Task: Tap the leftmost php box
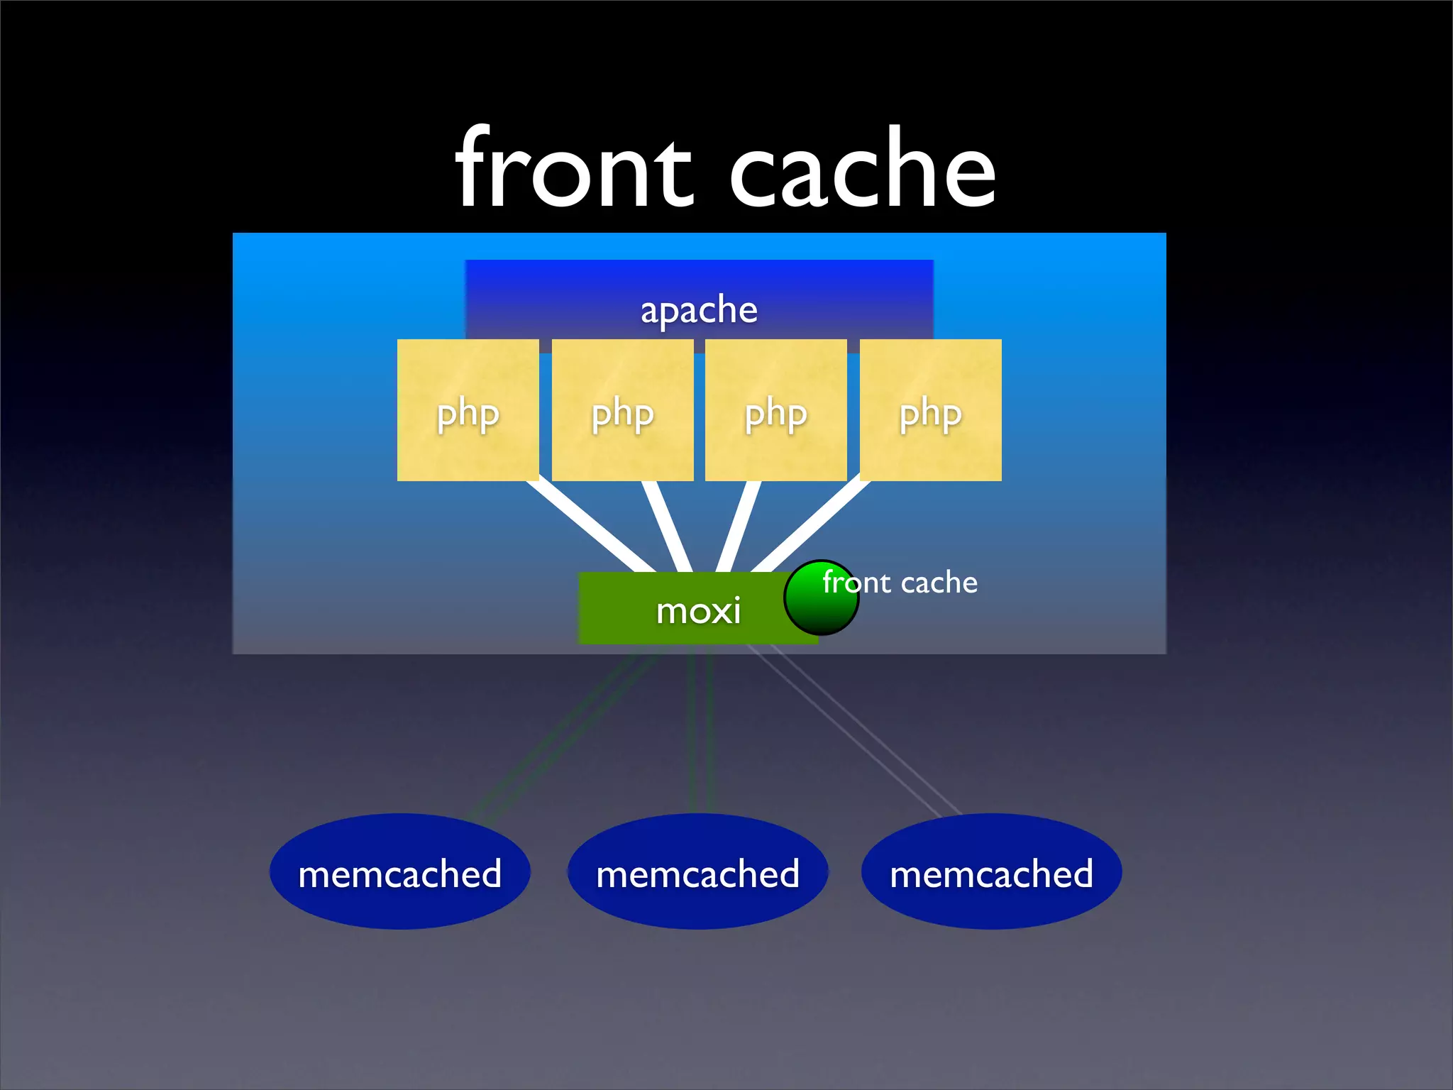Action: (x=468, y=410)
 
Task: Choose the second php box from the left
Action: (x=622, y=410)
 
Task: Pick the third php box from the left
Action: (x=775, y=410)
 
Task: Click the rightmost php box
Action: (x=930, y=410)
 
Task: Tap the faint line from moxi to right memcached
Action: (x=851, y=731)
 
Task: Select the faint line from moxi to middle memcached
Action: (x=700, y=731)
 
